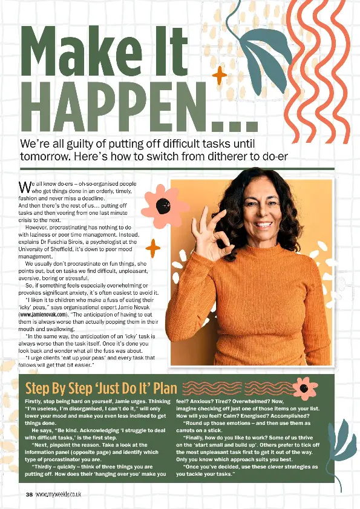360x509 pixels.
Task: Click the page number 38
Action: (29, 494)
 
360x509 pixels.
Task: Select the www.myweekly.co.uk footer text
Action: (59, 494)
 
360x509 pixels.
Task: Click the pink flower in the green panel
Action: (304, 387)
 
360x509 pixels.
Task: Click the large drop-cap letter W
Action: (25, 186)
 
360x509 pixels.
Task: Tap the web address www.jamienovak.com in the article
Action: (41, 315)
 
